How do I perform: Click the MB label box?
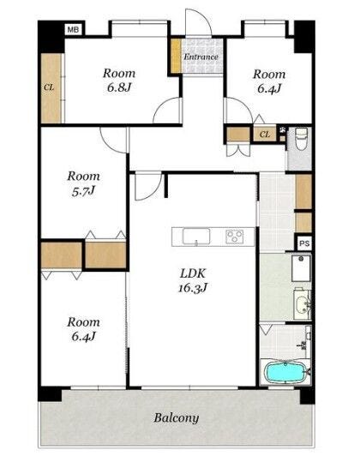(x=73, y=29)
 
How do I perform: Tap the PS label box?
(x=304, y=243)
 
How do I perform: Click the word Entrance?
(x=201, y=57)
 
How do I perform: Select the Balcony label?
(x=177, y=418)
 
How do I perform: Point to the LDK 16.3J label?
(x=193, y=280)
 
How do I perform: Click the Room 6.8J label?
(x=119, y=81)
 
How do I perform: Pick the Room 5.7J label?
(x=83, y=183)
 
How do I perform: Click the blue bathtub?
(x=285, y=372)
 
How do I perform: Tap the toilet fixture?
(x=301, y=139)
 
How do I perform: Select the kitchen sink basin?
(x=196, y=237)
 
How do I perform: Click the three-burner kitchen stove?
(x=235, y=237)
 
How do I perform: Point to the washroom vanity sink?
(x=302, y=304)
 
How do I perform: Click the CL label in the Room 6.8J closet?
(x=49, y=87)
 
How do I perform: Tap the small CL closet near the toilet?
(x=264, y=134)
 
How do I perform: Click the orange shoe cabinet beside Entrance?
(x=176, y=56)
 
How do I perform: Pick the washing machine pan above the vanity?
(x=301, y=268)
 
